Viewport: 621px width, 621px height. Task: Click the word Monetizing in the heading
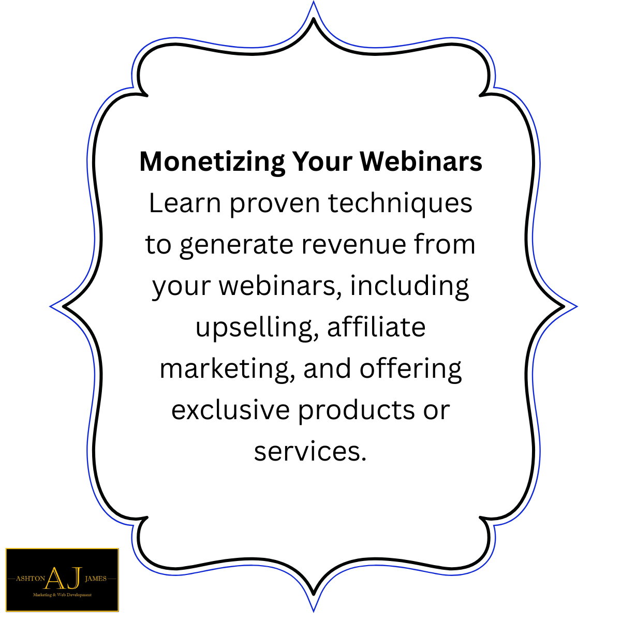(212, 161)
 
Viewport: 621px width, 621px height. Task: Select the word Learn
(185, 203)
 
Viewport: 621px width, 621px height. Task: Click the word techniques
(400, 203)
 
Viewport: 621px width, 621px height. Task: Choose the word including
(409, 286)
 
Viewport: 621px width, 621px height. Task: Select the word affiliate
(376, 327)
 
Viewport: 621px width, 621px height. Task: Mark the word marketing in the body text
(224, 369)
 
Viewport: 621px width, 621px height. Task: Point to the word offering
(410, 369)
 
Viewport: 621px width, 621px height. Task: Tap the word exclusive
(230, 410)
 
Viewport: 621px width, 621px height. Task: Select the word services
(309, 451)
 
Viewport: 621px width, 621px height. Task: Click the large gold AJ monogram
(63, 578)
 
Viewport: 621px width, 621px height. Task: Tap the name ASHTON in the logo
(31, 579)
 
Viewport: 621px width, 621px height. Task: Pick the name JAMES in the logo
(95, 579)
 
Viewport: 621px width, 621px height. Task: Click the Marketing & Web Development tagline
(62, 595)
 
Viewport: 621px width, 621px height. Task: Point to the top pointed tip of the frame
(313, 4)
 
